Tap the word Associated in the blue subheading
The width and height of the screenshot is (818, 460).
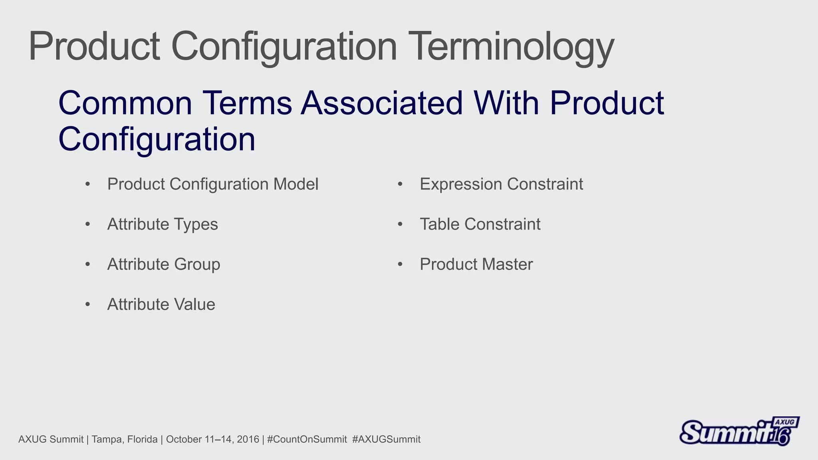tap(381, 103)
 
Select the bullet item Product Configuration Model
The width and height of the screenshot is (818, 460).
tap(212, 184)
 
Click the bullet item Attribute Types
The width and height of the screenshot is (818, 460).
tap(163, 224)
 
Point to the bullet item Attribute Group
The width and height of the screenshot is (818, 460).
tap(163, 264)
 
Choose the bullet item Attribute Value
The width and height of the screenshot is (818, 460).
tap(161, 304)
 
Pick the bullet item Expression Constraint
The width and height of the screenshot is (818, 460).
tap(501, 184)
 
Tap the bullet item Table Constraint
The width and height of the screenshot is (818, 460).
tap(480, 224)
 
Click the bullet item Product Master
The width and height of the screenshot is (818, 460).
tap(476, 264)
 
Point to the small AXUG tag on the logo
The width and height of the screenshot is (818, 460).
tap(785, 422)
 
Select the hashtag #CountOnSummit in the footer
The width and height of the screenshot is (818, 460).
tap(307, 439)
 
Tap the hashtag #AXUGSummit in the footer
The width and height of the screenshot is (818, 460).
tap(386, 439)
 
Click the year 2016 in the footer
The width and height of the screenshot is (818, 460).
tap(248, 439)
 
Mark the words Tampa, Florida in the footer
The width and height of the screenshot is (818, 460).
tap(124, 439)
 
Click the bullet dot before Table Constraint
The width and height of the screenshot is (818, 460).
tap(400, 224)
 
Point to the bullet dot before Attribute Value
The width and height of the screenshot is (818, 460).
tap(87, 305)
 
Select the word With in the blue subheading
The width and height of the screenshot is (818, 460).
tap(506, 103)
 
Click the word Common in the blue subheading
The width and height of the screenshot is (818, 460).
tap(125, 103)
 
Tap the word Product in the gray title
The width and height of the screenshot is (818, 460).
tap(94, 47)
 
